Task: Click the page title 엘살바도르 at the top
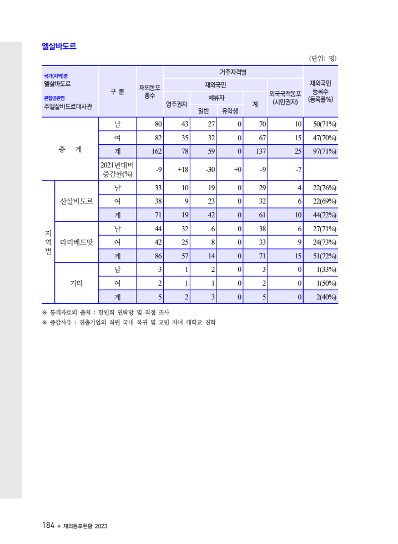click(x=59, y=47)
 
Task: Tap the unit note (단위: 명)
click(x=323, y=58)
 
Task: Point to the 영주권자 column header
click(x=177, y=104)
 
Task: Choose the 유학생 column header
click(x=230, y=110)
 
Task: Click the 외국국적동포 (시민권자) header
click(x=285, y=98)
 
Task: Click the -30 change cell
click(x=210, y=170)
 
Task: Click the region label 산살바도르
click(x=76, y=201)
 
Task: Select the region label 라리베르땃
click(x=76, y=242)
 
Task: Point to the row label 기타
click(x=76, y=283)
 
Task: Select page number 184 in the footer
click(x=48, y=525)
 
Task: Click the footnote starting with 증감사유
click(x=129, y=322)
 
